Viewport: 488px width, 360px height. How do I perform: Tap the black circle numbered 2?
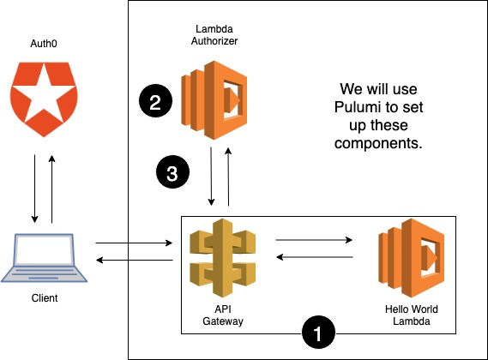154,103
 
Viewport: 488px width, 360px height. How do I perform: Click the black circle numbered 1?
318,332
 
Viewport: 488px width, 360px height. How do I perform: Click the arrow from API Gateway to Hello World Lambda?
315,241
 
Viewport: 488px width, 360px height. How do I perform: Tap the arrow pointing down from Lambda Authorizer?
211,176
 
